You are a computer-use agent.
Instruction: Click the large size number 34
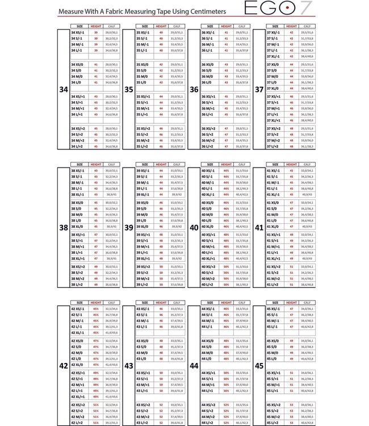coord(64,89)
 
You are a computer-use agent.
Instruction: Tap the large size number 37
coord(260,89)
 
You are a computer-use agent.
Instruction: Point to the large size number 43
coord(129,365)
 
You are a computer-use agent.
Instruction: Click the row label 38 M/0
coord(77,215)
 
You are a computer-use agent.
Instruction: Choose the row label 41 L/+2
coord(274,285)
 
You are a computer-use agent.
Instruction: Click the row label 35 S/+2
coord(142,134)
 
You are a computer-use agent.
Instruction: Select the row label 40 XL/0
coord(209,227)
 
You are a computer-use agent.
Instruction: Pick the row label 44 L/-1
coord(208,327)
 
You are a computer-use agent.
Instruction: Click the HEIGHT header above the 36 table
coord(227,26)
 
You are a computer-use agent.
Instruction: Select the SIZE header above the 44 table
coord(210,303)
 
